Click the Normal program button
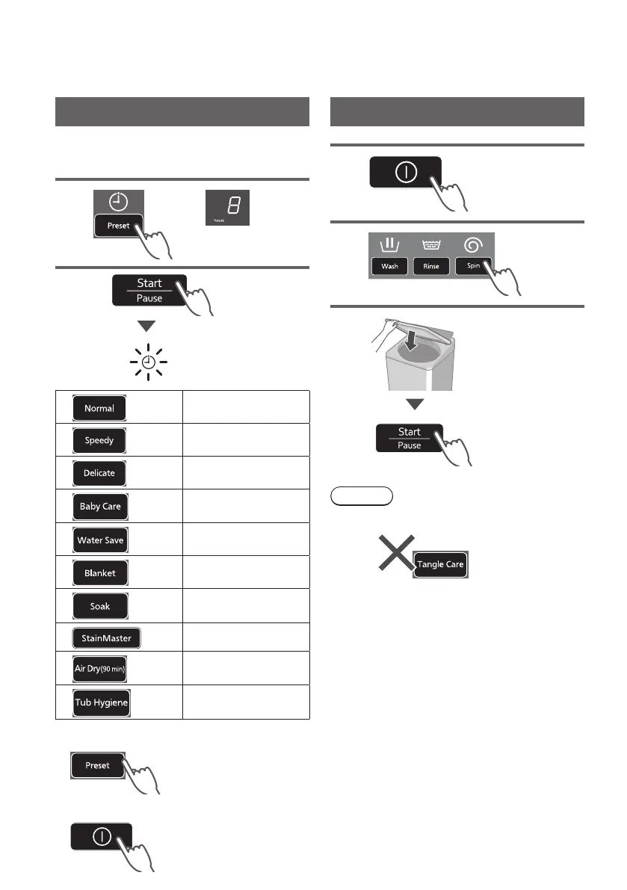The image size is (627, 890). [99, 408]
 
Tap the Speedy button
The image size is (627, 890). [99, 440]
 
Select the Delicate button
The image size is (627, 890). [99, 473]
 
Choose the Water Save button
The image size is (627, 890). [100, 540]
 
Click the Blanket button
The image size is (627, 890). [99, 573]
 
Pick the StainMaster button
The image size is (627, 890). [106, 638]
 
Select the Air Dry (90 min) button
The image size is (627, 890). [99, 670]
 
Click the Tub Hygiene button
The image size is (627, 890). [102, 702]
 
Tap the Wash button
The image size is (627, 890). [389, 265]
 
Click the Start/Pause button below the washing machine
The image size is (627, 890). [409, 438]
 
